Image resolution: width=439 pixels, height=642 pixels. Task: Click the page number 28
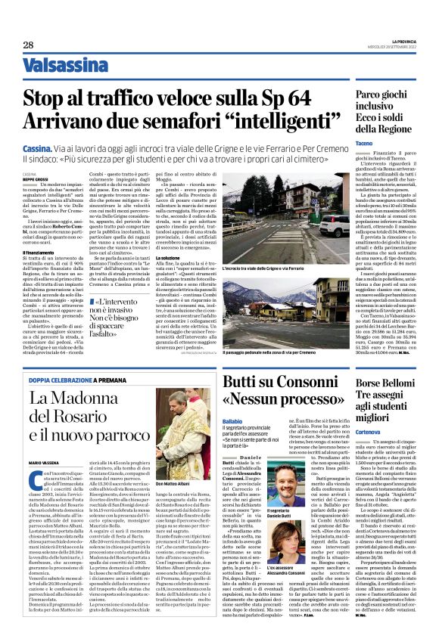tap(27, 45)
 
